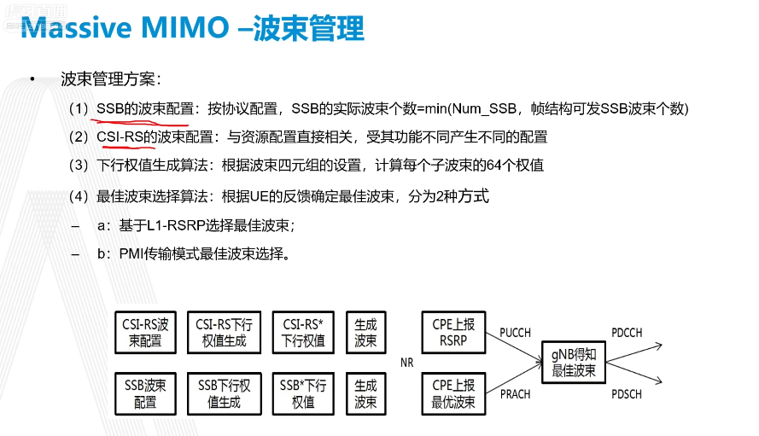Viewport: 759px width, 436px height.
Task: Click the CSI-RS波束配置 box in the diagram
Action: (x=145, y=333)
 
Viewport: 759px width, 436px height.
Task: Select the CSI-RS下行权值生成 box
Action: (x=224, y=333)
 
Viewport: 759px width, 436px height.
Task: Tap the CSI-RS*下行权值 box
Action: (x=302, y=333)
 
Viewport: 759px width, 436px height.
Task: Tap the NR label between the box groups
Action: (x=407, y=363)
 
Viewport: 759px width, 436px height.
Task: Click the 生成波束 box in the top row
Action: (x=365, y=333)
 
